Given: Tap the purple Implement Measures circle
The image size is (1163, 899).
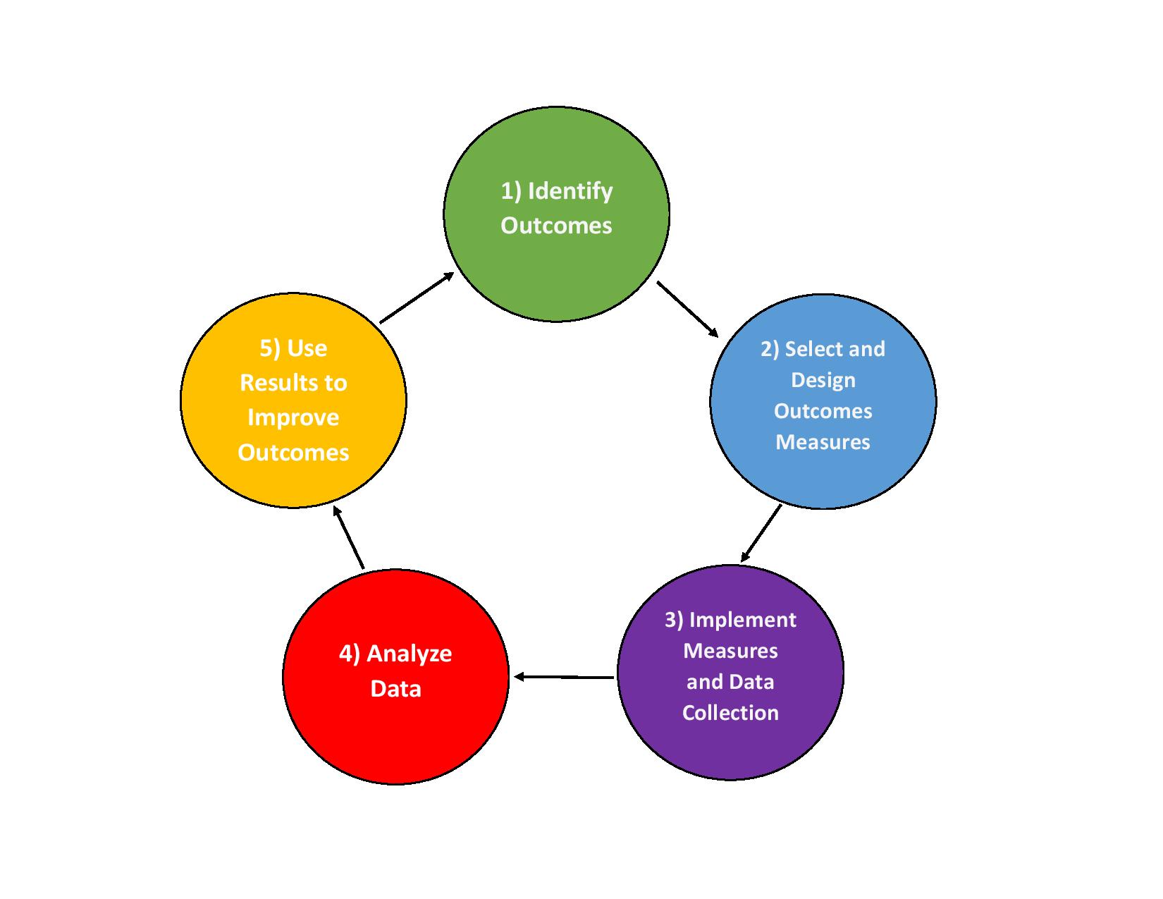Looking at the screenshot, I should coord(730,747).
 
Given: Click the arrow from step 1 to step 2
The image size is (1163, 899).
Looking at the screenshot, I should coord(687,309).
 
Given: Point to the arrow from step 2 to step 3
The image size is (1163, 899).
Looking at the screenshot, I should coord(761,533).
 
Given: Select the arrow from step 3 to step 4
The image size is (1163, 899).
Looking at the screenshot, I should coord(564,677).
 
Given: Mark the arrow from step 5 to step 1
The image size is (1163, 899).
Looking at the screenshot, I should coord(417,298).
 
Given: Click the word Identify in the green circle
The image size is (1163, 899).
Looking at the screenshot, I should coord(570,191).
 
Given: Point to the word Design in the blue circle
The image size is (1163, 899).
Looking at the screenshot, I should coord(823,380).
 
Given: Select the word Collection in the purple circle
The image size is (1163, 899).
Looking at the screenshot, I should coord(730,713).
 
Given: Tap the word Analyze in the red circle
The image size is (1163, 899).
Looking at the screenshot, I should coord(409,654).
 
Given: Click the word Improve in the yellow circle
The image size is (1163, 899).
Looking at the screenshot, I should coord(293,417).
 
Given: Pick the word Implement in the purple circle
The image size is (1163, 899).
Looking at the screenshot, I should coord(742,620).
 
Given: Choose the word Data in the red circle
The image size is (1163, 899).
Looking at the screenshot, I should coord(395,688).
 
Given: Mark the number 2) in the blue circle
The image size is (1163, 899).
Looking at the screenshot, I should coord(770,349).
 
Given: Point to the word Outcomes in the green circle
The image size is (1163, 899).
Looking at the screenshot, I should coord(556,226).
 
